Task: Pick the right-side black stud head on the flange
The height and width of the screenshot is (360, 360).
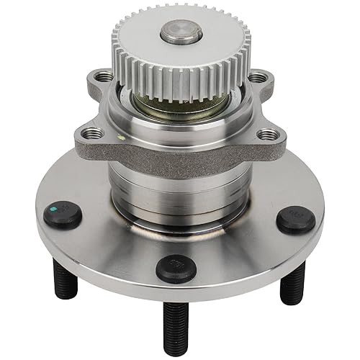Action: pyautogui.click(x=296, y=218)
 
